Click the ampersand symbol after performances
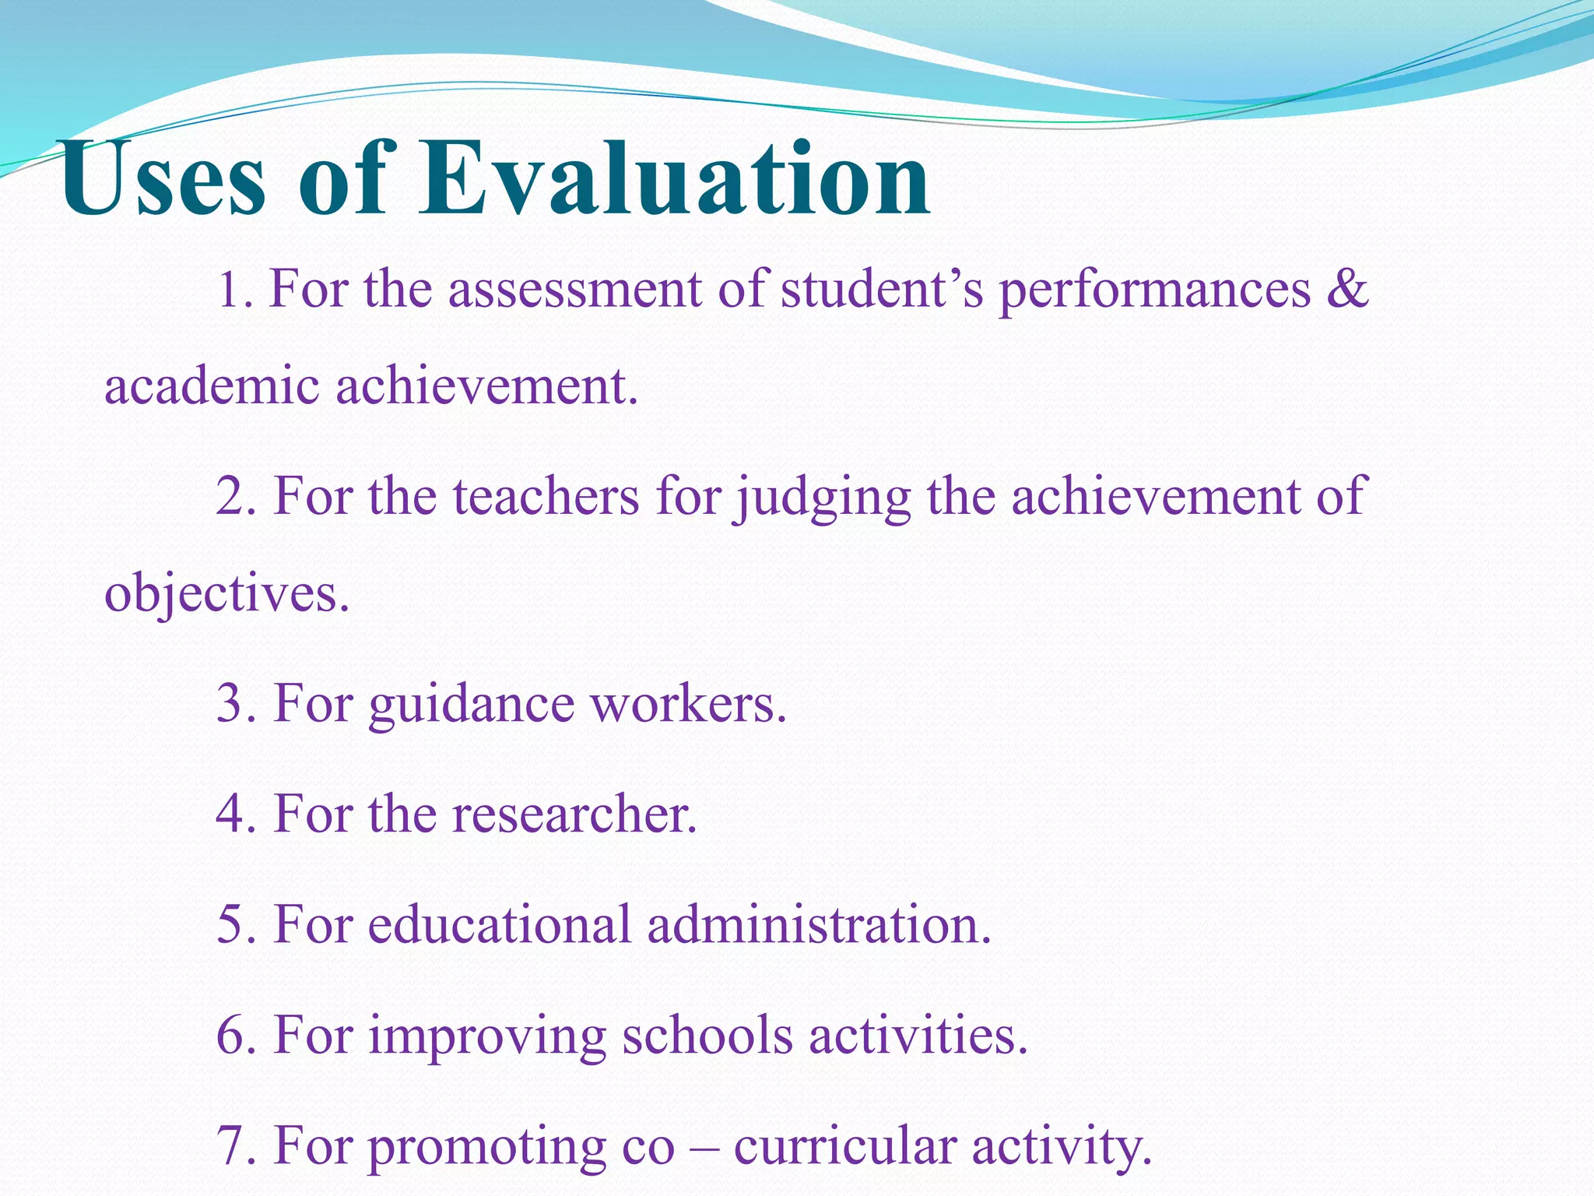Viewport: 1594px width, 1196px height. [x=1347, y=289]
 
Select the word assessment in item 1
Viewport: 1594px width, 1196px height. [x=574, y=289]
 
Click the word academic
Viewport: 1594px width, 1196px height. [x=212, y=386]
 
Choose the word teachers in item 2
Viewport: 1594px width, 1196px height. [x=546, y=496]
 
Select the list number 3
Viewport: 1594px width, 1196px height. [x=230, y=703]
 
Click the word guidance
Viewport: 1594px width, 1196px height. [x=470, y=705]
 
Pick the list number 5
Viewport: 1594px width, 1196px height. [x=230, y=925]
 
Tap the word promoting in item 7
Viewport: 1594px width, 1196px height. [x=486, y=1149]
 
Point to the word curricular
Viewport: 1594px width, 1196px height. [x=844, y=1147]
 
